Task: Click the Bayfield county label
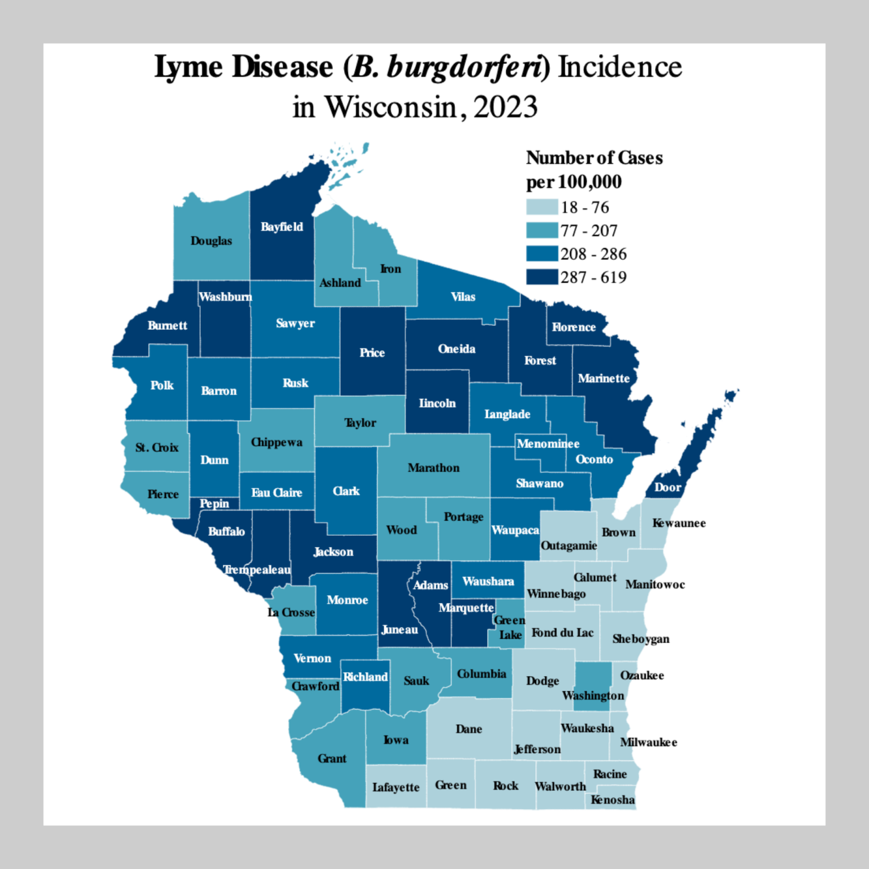[282, 227]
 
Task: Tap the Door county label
[668, 487]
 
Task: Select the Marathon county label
[433, 468]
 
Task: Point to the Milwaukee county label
[648, 742]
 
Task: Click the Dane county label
[468, 729]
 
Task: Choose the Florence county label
[574, 327]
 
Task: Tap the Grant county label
[332, 759]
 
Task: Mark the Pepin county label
[214, 504]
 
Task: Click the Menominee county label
[548, 444]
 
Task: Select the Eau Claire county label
[277, 493]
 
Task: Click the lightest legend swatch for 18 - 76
[541, 207]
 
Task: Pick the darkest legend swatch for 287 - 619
[541, 277]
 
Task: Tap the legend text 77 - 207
[588, 231]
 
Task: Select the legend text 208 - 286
[593, 254]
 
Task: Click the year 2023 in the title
[505, 107]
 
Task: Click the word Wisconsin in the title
[391, 107]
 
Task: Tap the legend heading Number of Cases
[594, 158]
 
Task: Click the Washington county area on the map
[593, 679]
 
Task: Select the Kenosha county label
[612, 800]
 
